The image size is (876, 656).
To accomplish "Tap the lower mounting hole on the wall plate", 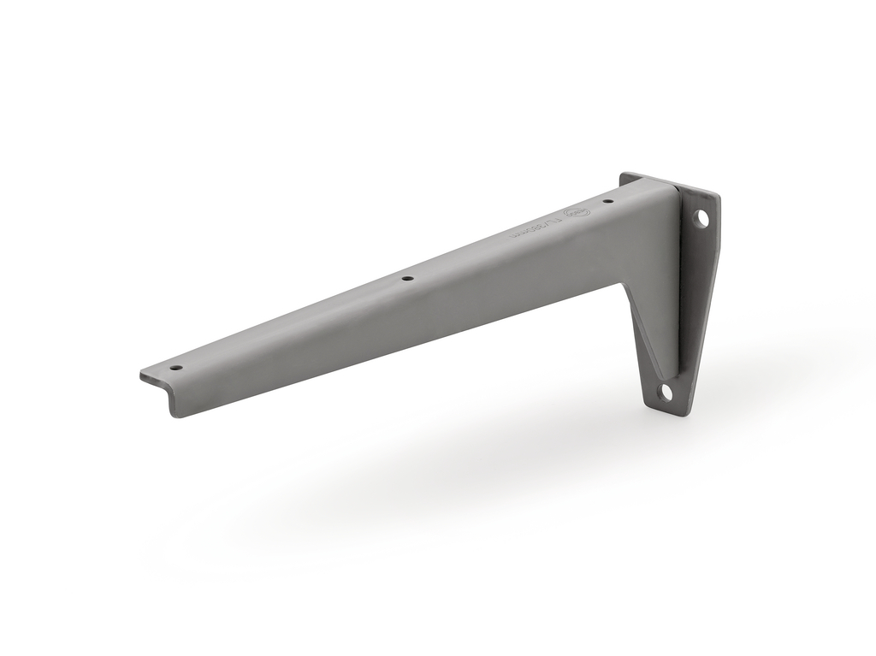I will pyautogui.click(x=666, y=393).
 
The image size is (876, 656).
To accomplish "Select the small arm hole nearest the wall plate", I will pyautogui.click(x=607, y=202).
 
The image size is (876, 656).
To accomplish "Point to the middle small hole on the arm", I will pyautogui.click(x=407, y=278).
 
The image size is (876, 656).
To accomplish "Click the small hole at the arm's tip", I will pyautogui.click(x=177, y=368).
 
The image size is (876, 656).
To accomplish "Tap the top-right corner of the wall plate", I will pyautogui.click(x=719, y=196).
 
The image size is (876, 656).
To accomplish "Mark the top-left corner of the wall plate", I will pyautogui.click(x=624, y=174).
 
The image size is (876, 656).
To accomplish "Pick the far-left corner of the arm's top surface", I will pyautogui.click(x=141, y=374).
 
